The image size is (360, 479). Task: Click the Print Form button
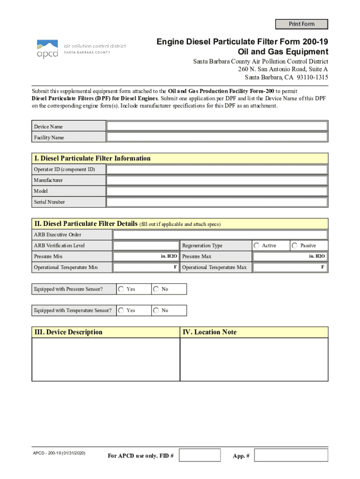(x=302, y=24)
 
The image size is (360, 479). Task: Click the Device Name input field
(x=217, y=126)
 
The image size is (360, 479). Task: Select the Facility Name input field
(x=217, y=137)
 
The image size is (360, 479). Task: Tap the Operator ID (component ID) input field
(x=217, y=169)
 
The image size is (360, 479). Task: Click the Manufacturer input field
(x=217, y=180)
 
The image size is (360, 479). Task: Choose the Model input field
(x=217, y=191)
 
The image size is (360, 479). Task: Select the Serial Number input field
(x=217, y=202)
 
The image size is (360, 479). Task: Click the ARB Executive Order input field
(x=220, y=235)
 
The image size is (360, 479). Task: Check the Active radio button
(x=257, y=246)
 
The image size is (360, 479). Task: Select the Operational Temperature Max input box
(x=290, y=268)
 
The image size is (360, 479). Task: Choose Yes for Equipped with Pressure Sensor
(x=122, y=289)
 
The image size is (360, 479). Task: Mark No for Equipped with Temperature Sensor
(x=156, y=310)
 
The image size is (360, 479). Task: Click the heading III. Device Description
(x=68, y=332)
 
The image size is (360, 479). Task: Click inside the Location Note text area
(x=254, y=359)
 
